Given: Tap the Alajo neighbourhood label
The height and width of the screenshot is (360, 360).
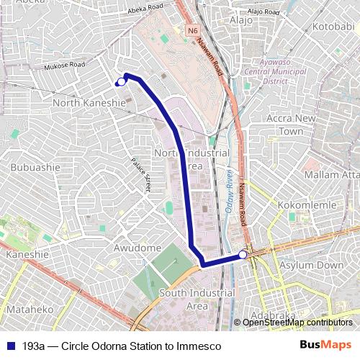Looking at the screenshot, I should point(240,20).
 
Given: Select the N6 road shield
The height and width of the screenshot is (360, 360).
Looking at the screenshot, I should point(192,31).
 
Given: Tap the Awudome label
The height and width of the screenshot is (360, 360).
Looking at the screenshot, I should point(138,248).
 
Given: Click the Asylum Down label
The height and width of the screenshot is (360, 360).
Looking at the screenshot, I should point(311,265).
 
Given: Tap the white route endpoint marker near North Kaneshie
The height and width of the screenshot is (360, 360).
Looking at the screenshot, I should point(120,81).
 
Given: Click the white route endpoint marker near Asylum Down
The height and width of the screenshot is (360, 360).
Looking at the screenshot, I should point(243,254).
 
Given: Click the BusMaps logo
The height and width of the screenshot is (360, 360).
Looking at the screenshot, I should point(325,346).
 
